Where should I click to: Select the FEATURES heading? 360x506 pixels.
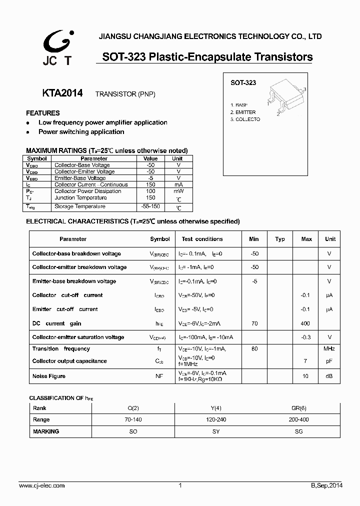pyautogui.click(x=43, y=113)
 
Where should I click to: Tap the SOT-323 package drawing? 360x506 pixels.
pyautogui.click(x=285, y=99)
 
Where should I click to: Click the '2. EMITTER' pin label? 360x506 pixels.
pyautogui.click(x=243, y=112)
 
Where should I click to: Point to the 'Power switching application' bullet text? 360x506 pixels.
pyautogui.click(x=81, y=132)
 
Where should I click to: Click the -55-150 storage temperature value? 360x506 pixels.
pyautogui.click(x=150, y=206)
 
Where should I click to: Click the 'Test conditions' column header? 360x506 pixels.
pyautogui.click(x=202, y=239)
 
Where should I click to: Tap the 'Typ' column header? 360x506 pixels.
pyautogui.click(x=280, y=239)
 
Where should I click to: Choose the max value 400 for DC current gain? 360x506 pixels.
pyautogui.click(x=305, y=323)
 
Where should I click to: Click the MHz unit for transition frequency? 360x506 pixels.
pyautogui.click(x=329, y=348)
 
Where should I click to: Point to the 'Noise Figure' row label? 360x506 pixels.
pyautogui.click(x=49, y=376)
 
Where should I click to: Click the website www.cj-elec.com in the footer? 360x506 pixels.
pyautogui.click(x=42, y=485)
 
